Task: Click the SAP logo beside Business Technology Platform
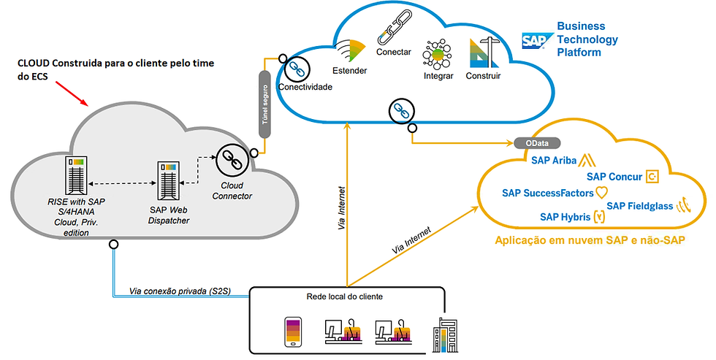(x=536, y=40)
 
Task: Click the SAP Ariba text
(x=555, y=161)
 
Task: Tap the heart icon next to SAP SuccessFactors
(x=601, y=193)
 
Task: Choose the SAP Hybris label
(x=565, y=217)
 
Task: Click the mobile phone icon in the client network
(x=293, y=332)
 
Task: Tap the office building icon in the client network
(x=443, y=335)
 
